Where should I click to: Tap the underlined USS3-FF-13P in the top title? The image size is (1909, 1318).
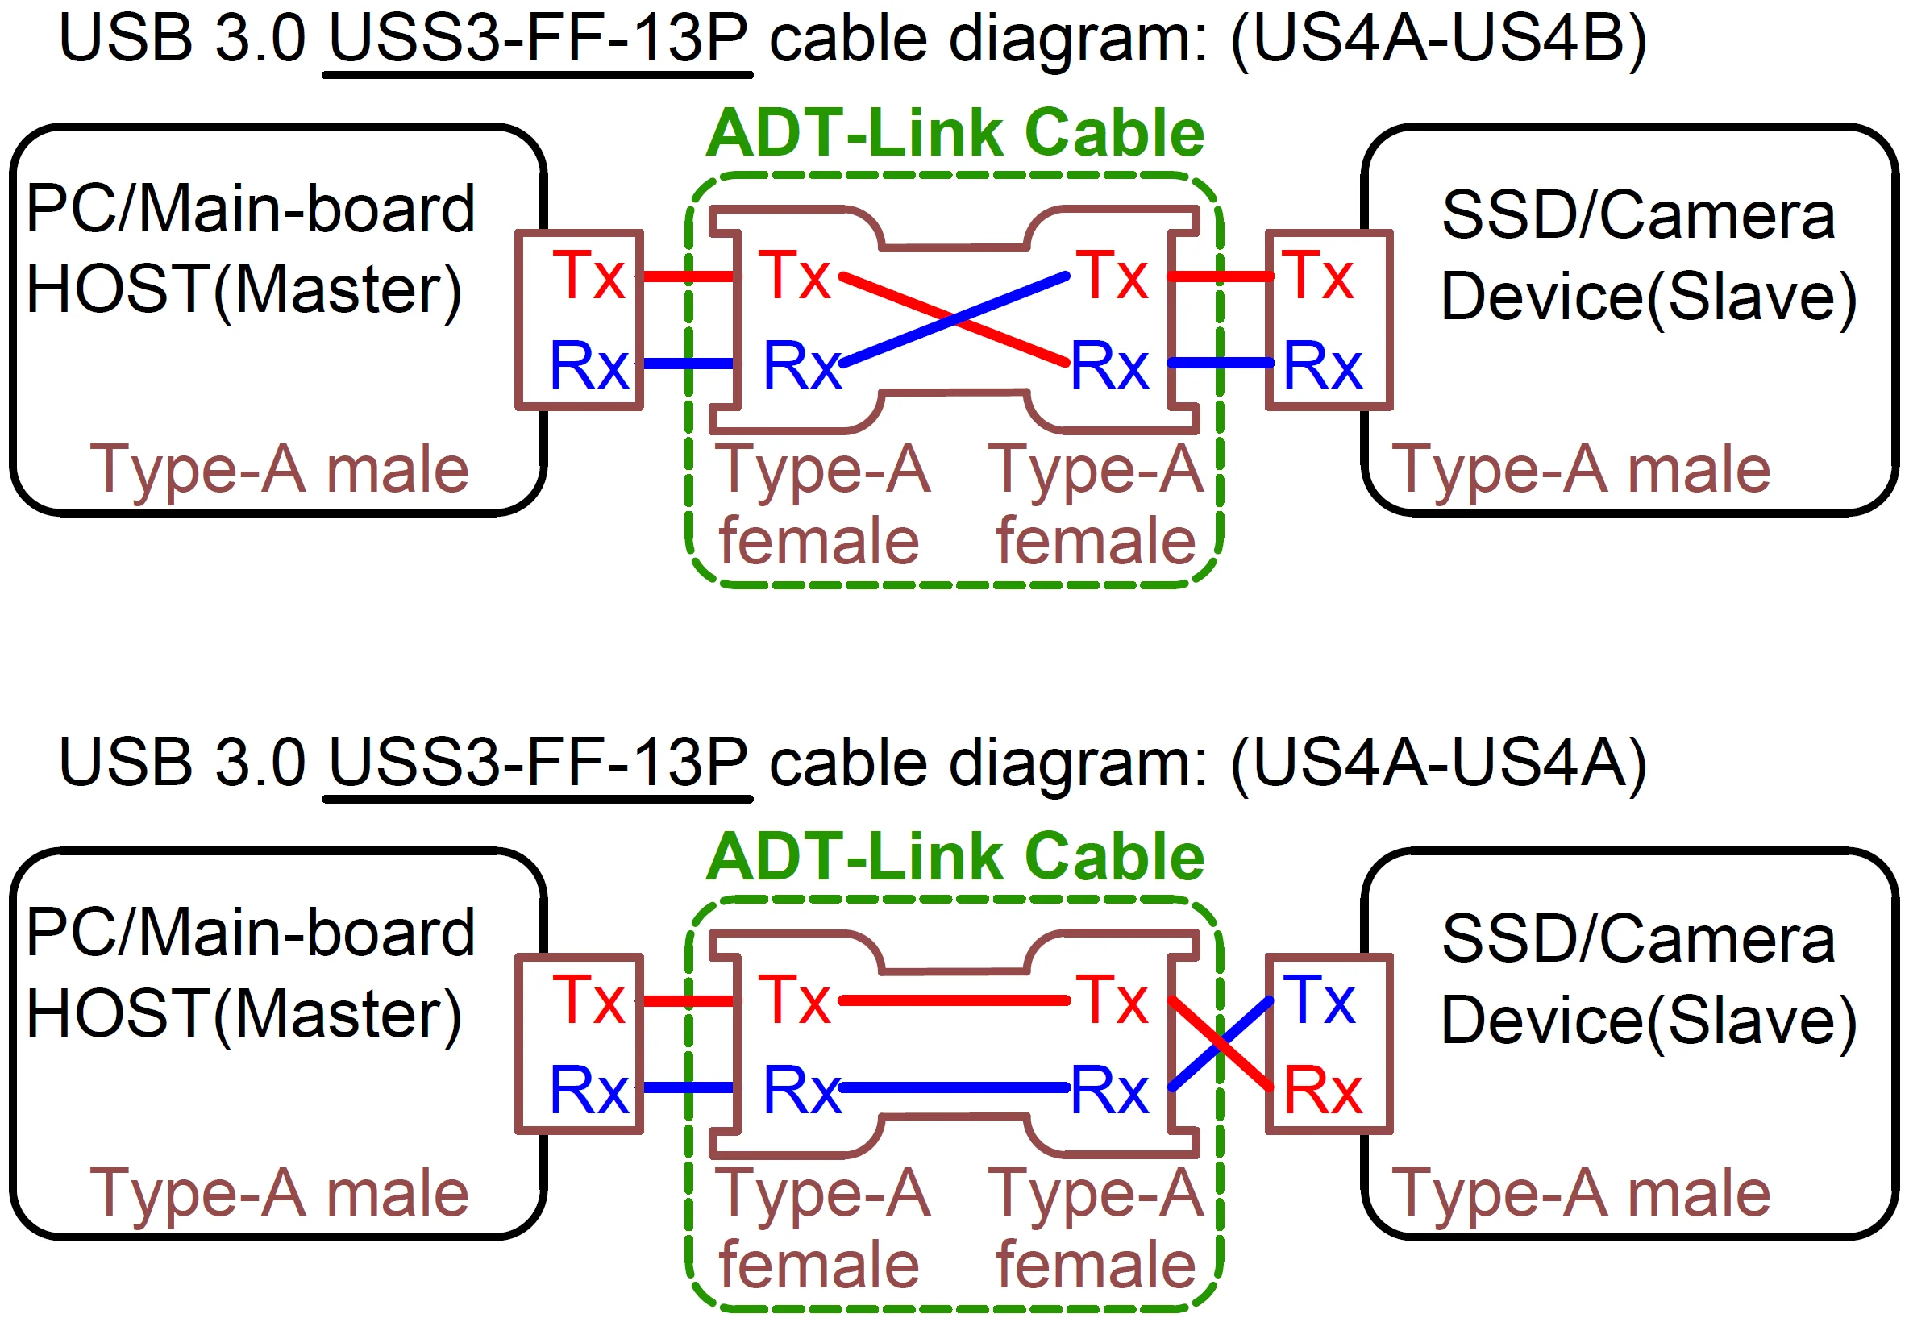tap(538, 39)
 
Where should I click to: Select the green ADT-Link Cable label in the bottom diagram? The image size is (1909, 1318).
tap(955, 857)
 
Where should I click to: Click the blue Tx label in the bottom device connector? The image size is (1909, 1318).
tap(1319, 1000)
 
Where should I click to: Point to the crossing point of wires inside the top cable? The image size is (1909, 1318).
tap(954, 318)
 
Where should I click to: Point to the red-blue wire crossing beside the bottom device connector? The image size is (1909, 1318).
tap(1221, 1045)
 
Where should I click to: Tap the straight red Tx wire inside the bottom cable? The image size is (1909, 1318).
tap(954, 1001)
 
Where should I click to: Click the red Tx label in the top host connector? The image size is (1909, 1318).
tap(588, 276)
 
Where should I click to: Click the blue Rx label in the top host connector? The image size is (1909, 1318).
tap(589, 366)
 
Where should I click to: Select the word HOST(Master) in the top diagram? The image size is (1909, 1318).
tap(243, 290)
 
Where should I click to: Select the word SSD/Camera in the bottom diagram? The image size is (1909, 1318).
tap(1638, 940)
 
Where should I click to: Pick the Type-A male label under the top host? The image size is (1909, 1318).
tap(279, 470)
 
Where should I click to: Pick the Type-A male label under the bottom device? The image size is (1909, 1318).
tap(1580, 1194)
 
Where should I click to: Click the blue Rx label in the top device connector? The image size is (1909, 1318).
tap(1322, 366)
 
